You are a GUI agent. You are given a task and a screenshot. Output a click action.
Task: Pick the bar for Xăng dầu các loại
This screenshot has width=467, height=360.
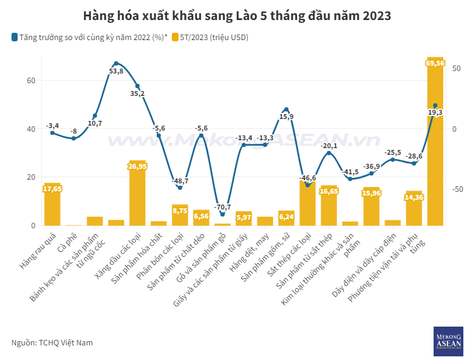(x=137, y=194)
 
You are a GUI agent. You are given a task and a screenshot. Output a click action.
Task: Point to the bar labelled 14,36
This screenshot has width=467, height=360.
(x=414, y=209)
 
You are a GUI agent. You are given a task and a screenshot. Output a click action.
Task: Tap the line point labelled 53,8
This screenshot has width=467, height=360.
(x=116, y=63)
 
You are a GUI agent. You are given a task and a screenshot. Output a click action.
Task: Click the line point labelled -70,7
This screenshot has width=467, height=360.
(x=222, y=214)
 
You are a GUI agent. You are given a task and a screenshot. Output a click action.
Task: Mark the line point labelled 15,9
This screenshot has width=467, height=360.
(x=286, y=109)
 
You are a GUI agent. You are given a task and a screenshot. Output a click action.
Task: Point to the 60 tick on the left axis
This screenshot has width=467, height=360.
(x=31, y=81)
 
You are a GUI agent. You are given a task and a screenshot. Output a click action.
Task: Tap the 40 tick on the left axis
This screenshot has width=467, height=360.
(x=31, y=129)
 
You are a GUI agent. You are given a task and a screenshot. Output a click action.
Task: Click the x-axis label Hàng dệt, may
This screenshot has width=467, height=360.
(x=254, y=246)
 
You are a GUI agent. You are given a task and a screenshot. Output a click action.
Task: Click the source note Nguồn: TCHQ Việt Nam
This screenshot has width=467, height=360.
(x=52, y=343)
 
